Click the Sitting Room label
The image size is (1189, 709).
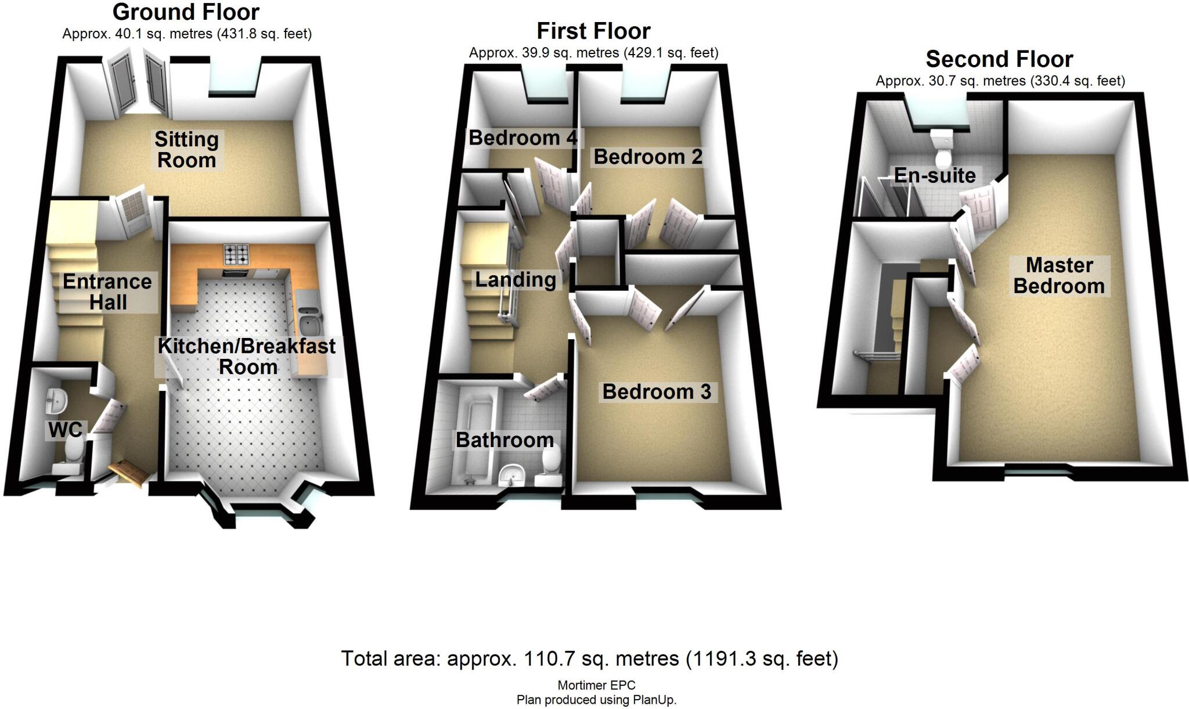(186, 150)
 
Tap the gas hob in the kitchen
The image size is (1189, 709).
(236, 254)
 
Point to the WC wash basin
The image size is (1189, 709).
(57, 400)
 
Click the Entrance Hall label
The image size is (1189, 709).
(107, 292)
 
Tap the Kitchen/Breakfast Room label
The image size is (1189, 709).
(247, 357)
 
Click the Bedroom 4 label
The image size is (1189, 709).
(523, 138)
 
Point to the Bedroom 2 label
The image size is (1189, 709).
(648, 157)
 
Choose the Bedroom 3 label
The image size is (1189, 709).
(657, 392)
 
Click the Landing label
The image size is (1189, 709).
(516, 280)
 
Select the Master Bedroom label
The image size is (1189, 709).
(1059, 276)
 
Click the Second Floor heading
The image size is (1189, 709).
(999, 59)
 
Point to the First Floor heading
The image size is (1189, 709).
(593, 31)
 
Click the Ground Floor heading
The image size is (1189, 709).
(186, 12)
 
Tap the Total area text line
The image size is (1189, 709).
(589, 659)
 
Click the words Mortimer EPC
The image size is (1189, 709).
(596, 686)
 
